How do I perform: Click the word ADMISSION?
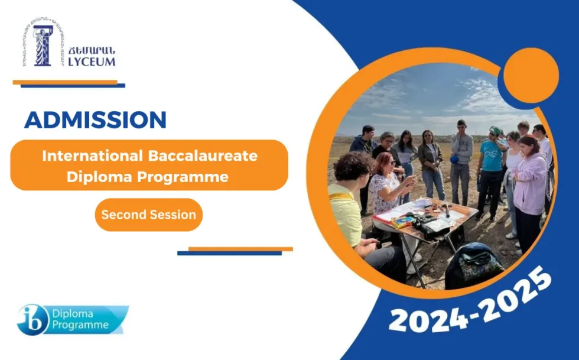coord(95,119)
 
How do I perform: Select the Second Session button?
coord(148,215)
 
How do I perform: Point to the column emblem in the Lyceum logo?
coord(43,45)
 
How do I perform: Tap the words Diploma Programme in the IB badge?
coord(80,319)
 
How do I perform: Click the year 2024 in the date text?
coord(425,318)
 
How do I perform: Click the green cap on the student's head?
coord(495,131)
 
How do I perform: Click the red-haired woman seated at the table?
coord(386,183)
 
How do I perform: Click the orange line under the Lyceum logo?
coord(65,82)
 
